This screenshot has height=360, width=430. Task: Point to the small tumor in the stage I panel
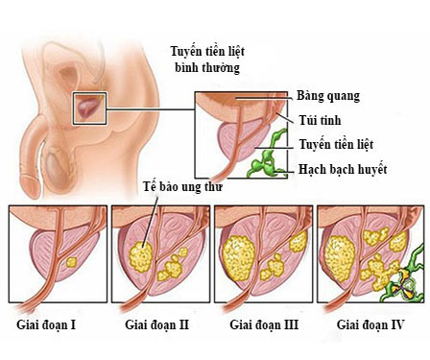[68, 260]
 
